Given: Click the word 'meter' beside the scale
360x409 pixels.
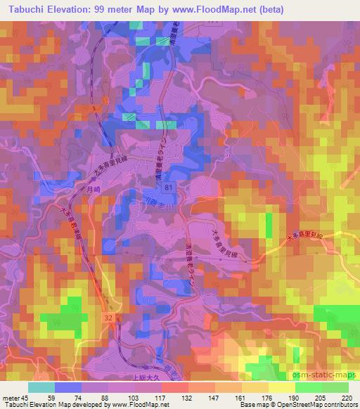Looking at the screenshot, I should pyautogui.click(x=10, y=397).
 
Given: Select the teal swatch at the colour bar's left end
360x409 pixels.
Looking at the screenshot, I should pyautogui.click(x=41, y=387).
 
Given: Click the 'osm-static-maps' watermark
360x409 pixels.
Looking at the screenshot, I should pyautogui.click(x=328, y=376).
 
